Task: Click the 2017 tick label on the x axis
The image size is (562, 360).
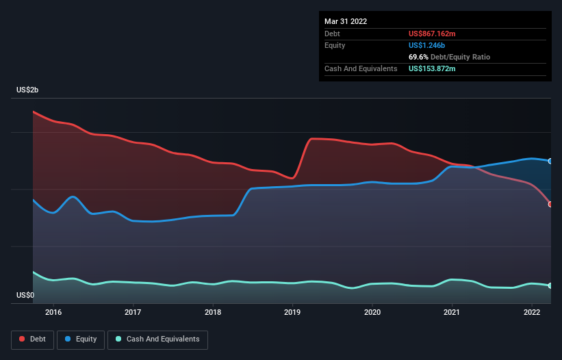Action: [133, 312]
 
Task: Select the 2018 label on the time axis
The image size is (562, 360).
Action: [213, 312]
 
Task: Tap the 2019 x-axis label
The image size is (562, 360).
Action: [292, 312]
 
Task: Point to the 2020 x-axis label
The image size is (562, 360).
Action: [372, 312]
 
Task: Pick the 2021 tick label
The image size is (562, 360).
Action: [452, 312]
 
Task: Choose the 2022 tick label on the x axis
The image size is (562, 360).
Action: [532, 312]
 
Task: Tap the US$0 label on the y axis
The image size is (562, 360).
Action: [25, 296]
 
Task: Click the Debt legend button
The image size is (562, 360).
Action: [32, 339]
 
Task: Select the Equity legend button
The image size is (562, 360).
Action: [81, 339]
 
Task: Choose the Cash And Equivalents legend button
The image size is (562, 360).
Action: [157, 339]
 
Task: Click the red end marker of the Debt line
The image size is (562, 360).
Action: [550, 204]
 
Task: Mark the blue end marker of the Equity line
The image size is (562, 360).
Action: [550, 162]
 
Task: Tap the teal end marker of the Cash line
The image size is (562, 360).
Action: [550, 285]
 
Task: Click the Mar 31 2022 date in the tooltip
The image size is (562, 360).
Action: [346, 21]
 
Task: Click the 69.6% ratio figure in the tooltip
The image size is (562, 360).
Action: [418, 57]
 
